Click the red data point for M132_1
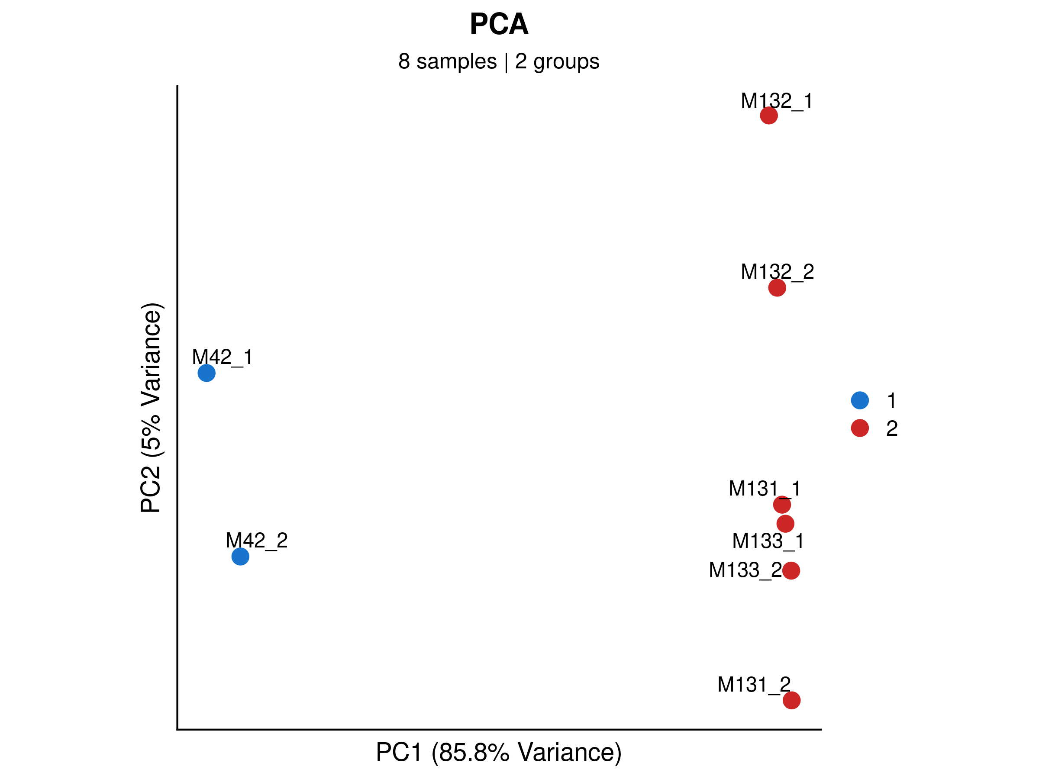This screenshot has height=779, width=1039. pos(768,115)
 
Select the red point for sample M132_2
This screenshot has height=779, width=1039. pos(777,287)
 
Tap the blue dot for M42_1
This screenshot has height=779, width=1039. pos(206,373)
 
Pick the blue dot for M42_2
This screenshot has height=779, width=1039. pos(240,557)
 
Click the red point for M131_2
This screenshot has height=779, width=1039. pos(791,700)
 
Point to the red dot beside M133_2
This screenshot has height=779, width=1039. pos(791,570)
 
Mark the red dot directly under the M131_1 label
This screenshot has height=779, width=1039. pos(781,505)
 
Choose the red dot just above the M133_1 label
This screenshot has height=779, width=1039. pos(785,524)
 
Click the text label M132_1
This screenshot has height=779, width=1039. pos(777,101)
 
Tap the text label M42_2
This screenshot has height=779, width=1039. pos(256,541)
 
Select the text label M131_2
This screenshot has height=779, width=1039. pos(754,685)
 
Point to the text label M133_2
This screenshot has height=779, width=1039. pos(745,570)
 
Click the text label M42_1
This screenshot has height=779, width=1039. pos(223,357)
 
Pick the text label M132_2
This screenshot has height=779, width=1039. pos(778,272)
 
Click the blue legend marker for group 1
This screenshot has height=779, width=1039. pos(860,400)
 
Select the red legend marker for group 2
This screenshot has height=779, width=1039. pos(860,428)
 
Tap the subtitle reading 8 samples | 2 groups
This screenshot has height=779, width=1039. pos(499,61)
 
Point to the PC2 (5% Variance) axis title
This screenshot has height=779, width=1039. pos(151,408)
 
